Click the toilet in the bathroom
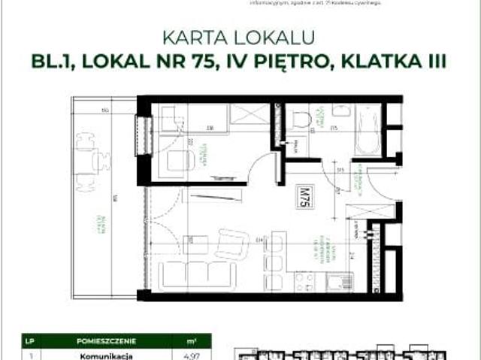pos(302,119)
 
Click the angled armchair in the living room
pos(231,244)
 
